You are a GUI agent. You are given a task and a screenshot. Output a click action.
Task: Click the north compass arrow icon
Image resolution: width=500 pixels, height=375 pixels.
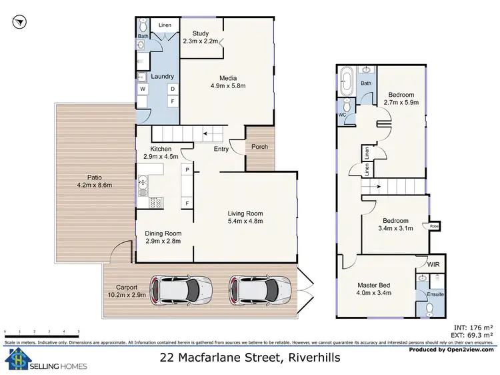pyautogui.click(x=19, y=23)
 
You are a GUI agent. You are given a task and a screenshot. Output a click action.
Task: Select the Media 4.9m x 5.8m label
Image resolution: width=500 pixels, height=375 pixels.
pyautogui.click(x=229, y=81)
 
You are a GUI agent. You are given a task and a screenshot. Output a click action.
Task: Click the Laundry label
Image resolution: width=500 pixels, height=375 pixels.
pyautogui.click(x=162, y=77)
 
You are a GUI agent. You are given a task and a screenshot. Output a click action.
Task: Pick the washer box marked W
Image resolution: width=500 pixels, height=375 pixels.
pyautogui.click(x=143, y=89)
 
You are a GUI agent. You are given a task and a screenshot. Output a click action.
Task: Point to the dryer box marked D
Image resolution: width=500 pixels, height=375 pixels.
pyautogui.click(x=172, y=89)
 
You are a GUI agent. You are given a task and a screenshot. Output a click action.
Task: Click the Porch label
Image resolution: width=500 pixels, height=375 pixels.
pyautogui.click(x=260, y=147)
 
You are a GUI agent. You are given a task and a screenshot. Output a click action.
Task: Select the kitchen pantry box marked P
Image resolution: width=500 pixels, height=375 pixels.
pyautogui.click(x=187, y=171)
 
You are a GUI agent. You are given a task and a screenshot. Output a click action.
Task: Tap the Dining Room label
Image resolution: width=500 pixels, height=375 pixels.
pyautogui.click(x=163, y=237)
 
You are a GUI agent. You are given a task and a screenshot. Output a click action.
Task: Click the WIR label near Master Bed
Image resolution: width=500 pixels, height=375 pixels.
pyautogui.click(x=433, y=265)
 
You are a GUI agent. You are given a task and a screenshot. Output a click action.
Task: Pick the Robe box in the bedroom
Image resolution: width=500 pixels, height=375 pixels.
pyautogui.click(x=434, y=226)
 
